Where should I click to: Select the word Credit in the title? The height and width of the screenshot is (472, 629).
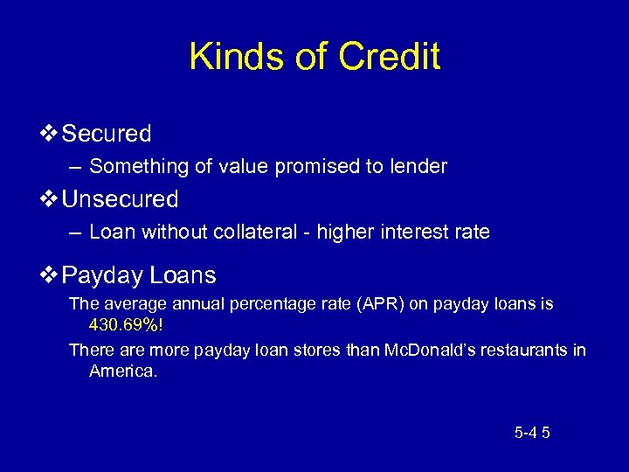point(390,58)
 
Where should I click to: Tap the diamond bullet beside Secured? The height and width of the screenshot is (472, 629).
point(50,134)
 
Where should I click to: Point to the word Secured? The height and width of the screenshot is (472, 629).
point(107,134)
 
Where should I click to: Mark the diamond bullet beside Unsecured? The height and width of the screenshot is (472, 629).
point(50,199)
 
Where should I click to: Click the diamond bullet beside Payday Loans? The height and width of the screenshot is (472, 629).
point(50,276)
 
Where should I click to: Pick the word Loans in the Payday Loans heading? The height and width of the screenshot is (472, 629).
point(183,276)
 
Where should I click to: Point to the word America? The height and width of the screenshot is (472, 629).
point(121,371)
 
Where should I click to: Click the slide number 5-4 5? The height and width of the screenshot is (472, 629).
point(532,432)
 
